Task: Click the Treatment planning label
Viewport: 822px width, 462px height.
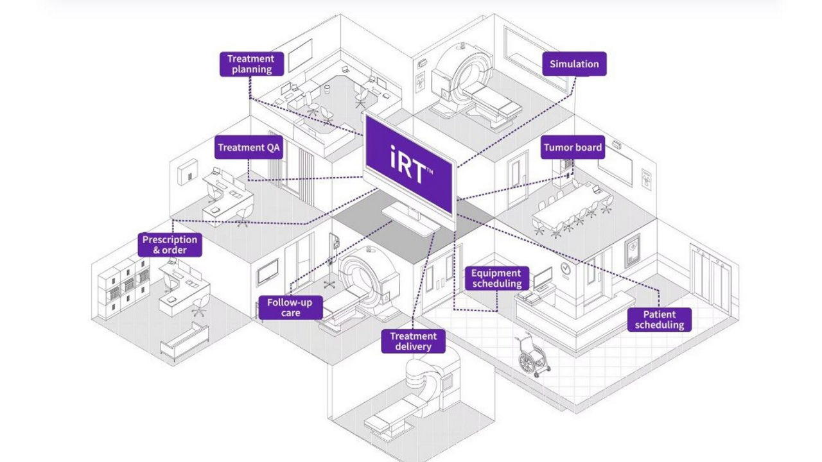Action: [x=251, y=64]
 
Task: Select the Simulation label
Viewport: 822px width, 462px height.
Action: [x=573, y=64]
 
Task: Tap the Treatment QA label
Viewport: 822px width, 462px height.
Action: [x=249, y=148]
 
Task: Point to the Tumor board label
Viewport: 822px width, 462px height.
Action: [x=573, y=148]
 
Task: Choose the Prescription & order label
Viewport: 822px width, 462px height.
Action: [x=170, y=244]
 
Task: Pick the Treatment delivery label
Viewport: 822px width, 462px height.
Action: [x=413, y=341]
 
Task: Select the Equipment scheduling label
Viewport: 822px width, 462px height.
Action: [x=496, y=278]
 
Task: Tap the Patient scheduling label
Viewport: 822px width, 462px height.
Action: [x=660, y=320]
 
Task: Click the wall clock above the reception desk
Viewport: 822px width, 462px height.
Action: [x=564, y=268]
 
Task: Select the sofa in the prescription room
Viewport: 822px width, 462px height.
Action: [x=184, y=341]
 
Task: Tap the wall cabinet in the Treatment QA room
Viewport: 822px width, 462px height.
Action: [x=186, y=172]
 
